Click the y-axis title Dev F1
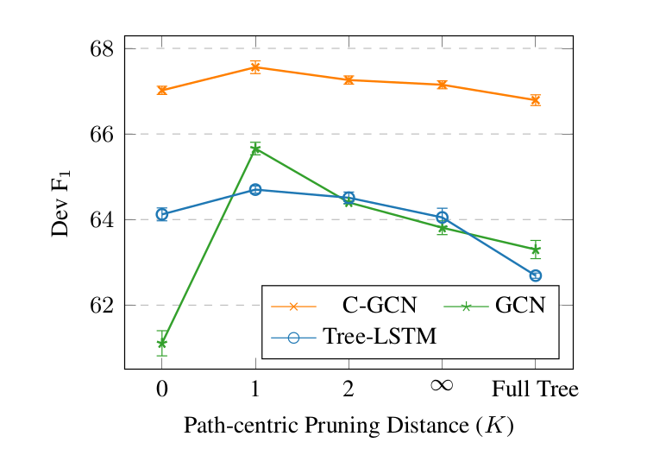tap(63, 203)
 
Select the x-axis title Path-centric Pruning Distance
tap(349, 426)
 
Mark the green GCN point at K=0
tap(161, 343)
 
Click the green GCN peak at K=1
tap(255, 149)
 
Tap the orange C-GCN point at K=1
tap(255, 66)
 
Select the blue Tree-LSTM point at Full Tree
tap(535, 275)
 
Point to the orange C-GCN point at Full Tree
tap(535, 100)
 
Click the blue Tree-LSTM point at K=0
tap(161, 214)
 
